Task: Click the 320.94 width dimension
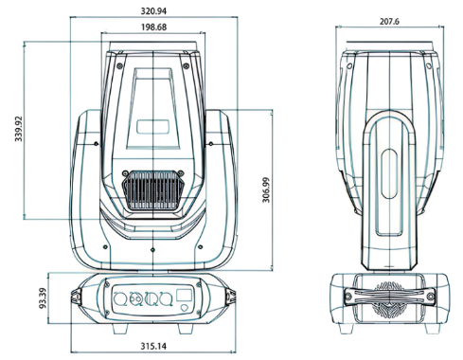(153, 11)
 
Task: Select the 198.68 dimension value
(153, 27)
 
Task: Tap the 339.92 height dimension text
(19, 129)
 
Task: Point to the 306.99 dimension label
(266, 189)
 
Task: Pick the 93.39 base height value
(43, 298)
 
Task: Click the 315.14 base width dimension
(153, 346)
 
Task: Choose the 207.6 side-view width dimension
(389, 22)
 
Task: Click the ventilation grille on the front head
(153, 190)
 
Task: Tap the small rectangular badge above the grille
(152, 127)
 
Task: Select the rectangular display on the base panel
(185, 296)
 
